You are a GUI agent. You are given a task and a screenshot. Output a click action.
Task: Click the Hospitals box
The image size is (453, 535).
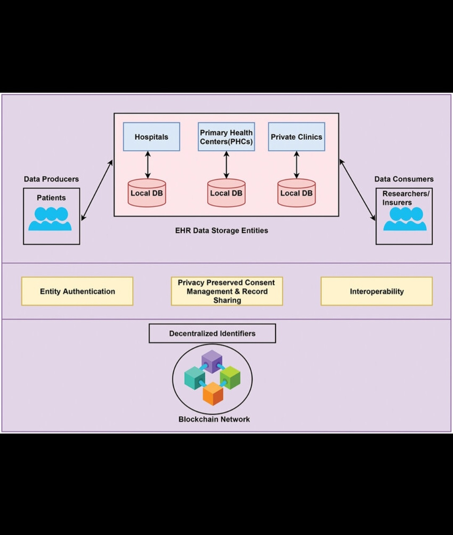click(x=151, y=137)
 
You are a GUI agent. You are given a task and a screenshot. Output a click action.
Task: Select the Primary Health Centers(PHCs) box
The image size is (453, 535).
click(x=226, y=137)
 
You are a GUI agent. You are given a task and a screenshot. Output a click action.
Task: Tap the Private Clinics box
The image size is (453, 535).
click(x=297, y=137)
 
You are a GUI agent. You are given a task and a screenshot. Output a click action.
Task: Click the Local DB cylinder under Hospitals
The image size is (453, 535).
click(x=147, y=193)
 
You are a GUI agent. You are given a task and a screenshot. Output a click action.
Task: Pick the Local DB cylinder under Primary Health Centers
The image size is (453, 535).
click(x=226, y=193)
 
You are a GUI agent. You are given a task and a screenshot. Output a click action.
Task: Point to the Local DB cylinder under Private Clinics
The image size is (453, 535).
click(x=297, y=193)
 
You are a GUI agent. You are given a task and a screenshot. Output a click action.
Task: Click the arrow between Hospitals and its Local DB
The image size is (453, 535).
click(x=147, y=165)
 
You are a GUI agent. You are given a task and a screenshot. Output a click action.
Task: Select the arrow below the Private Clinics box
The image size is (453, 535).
click(x=297, y=165)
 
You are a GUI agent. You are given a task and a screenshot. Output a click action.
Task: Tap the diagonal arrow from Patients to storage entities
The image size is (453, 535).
click(x=97, y=190)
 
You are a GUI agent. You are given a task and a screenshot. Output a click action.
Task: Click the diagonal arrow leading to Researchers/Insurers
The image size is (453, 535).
click(x=357, y=190)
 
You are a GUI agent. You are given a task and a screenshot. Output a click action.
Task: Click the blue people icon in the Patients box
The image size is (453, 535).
click(x=50, y=219)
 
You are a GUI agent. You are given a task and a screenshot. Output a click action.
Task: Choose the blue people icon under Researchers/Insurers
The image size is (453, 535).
click(x=405, y=219)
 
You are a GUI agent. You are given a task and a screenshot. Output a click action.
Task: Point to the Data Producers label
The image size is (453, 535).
click(x=51, y=179)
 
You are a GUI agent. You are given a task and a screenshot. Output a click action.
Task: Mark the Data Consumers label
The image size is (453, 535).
click(x=404, y=179)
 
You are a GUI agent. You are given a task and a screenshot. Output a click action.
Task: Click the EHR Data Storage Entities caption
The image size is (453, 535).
click(x=221, y=230)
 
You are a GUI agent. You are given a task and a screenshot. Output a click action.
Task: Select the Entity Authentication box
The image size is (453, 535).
click(x=77, y=291)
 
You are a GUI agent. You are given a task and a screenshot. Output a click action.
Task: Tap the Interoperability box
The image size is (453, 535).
click(x=377, y=291)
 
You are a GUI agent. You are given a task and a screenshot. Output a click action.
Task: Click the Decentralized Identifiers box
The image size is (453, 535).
click(x=212, y=334)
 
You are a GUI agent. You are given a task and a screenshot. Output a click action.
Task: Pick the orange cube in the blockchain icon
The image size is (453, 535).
click(x=213, y=394)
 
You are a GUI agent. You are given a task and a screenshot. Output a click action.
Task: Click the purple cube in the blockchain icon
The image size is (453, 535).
click(x=212, y=361)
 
